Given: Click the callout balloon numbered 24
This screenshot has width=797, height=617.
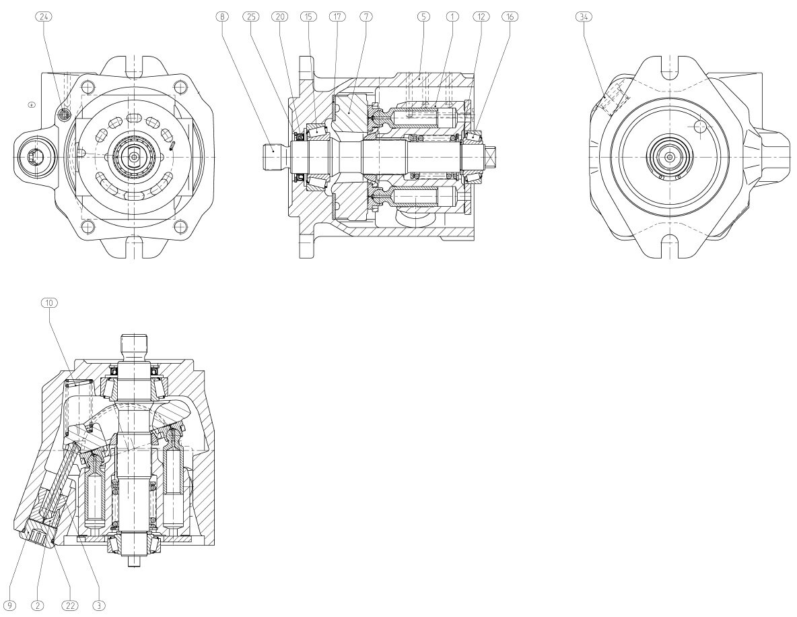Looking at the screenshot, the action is coord(44,17).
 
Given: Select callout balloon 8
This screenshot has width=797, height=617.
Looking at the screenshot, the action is coord(221,17).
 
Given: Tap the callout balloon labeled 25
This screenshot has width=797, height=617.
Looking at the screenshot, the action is coord(250,17).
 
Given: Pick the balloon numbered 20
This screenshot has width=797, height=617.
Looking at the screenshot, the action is coord(279,17).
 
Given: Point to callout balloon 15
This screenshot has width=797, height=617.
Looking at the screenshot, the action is coord(308,17).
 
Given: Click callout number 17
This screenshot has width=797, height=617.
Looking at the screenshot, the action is coord(337,17).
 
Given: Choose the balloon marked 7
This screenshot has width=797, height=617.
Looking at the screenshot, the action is coord(366,17).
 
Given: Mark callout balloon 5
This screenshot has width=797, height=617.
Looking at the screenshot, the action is coord(423,17).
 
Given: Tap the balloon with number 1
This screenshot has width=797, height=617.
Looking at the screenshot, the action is coord(452,17).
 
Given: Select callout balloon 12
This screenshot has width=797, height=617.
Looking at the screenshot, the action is coord(481,17).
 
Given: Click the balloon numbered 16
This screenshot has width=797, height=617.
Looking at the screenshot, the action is coord(510,17).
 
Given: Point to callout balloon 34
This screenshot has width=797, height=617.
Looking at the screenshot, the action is coord(584,17).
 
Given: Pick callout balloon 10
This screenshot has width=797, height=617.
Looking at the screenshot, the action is coord(48,303).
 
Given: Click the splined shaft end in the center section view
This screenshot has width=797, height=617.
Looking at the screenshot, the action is coord(273,157).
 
